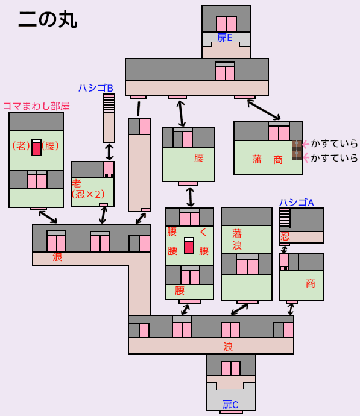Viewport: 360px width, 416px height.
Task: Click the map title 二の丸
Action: pyautogui.click(x=48, y=20)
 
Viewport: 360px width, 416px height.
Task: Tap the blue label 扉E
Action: pyautogui.click(x=225, y=37)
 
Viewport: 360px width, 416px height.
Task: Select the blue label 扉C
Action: pyautogui.click(x=230, y=405)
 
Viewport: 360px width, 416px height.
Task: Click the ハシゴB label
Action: pyautogui.click(x=96, y=88)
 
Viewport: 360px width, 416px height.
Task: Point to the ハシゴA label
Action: pyautogui.click(x=297, y=203)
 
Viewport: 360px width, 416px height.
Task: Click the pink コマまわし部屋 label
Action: pyautogui.click(x=36, y=106)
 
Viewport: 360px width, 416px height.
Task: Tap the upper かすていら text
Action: pyautogui.click(x=334, y=143)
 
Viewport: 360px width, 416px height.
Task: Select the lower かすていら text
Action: pyautogui.click(x=334, y=158)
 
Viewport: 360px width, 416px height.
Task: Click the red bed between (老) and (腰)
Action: pyautogui.click(x=36, y=147)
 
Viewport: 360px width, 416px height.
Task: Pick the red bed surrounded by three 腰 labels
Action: pyautogui.click(x=189, y=245)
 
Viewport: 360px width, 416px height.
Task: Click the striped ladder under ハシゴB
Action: pyautogui.click(x=109, y=103)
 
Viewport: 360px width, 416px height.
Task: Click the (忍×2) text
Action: pyautogui.click(x=89, y=194)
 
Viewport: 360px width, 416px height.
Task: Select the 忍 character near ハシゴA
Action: pyautogui.click(x=285, y=236)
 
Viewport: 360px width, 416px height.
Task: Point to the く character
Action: pyautogui.click(x=203, y=232)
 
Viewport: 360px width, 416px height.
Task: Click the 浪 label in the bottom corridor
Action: pyautogui.click(x=228, y=347)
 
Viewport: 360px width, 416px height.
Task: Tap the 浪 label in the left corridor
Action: pyautogui.click(x=57, y=257)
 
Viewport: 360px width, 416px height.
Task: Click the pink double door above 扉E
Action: pyautogui.click(x=226, y=24)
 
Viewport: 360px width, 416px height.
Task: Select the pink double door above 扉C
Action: pyautogui.click(x=230, y=368)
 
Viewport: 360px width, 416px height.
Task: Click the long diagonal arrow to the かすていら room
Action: pyautogui.click(x=264, y=110)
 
